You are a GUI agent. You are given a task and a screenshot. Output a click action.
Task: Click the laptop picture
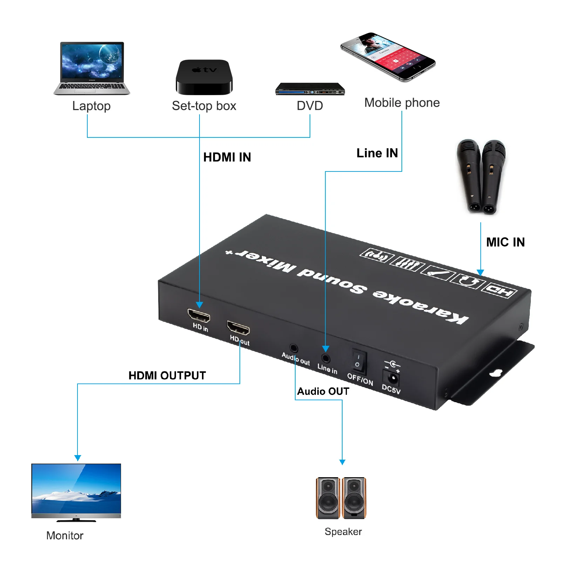tap(92, 68)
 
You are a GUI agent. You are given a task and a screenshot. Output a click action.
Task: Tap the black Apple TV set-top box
tap(204, 77)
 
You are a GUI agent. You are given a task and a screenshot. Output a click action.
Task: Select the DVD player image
tap(310, 89)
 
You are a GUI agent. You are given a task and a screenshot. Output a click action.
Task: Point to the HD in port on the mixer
tap(199, 316)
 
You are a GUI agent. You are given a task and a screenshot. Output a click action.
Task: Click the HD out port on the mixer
tap(238, 328)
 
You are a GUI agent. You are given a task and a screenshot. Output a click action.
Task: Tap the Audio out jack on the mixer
tap(294, 348)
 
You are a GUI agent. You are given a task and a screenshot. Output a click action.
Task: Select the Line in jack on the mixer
tap(326, 358)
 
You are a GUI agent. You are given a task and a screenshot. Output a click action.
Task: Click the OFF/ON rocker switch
tap(358, 362)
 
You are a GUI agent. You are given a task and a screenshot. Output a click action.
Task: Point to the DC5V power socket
tap(393, 378)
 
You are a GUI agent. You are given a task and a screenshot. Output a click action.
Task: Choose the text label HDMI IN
tap(227, 157)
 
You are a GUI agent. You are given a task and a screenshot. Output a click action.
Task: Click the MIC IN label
tap(505, 242)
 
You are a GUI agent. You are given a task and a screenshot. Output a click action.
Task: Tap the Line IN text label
tap(377, 153)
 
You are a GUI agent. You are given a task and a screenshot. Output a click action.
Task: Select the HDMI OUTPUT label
tap(167, 376)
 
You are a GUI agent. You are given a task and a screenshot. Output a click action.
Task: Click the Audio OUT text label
tap(323, 391)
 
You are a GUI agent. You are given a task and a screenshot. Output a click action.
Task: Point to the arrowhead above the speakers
tap(342, 462)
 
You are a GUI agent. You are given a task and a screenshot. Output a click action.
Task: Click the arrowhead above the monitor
tap(78, 458)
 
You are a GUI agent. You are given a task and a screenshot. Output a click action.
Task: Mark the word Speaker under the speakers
tap(343, 532)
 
